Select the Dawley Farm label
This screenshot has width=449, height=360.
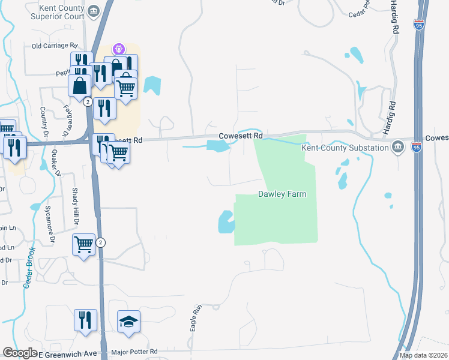(x=282, y=194)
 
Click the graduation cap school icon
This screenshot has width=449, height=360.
(x=128, y=323)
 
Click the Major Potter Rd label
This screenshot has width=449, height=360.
(x=134, y=352)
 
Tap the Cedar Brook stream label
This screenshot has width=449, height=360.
(x=29, y=268)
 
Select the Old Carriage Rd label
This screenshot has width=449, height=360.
(x=55, y=46)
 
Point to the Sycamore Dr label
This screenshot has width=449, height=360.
(x=52, y=224)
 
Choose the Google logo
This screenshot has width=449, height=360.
(x=20, y=353)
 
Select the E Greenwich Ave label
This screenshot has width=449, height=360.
(x=68, y=353)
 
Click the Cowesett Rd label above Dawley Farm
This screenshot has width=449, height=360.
(x=241, y=136)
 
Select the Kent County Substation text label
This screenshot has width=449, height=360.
(x=345, y=148)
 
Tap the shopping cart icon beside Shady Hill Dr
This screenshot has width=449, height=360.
(x=83, y=244)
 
